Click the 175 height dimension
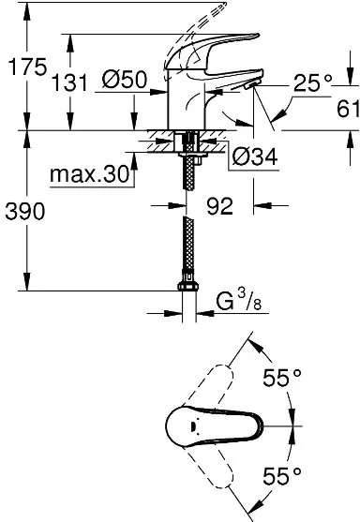tap(23, 68)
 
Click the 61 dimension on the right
tap(346, 110)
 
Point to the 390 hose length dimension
tap(24, 212)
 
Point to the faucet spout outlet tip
tap(252, 86)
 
